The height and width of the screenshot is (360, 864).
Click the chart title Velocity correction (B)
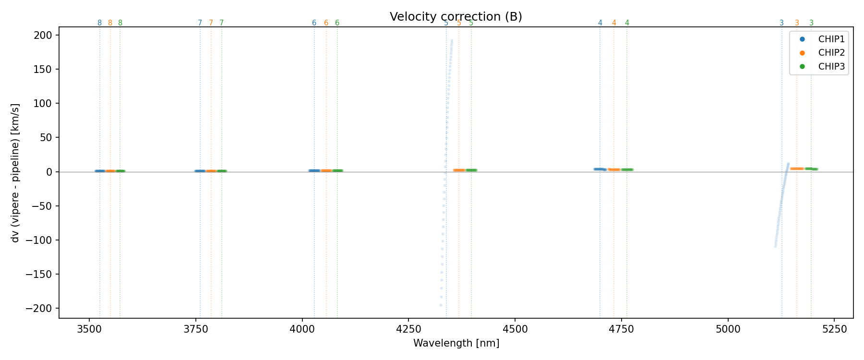[456, 17]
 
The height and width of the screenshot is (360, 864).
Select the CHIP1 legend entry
[831, 39]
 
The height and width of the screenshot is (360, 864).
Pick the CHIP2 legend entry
[831, 53]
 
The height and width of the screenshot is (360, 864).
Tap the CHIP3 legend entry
[831, 67]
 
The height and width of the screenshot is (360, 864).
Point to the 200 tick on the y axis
[46, 35]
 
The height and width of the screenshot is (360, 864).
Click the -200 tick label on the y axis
[42, 309]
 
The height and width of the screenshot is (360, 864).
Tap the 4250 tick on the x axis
[408, 329]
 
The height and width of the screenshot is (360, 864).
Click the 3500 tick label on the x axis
[89, 329]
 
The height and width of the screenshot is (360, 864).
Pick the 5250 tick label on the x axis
[834, 329]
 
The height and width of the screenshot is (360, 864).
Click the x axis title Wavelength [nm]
[456, 343]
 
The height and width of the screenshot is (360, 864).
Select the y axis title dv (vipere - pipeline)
[15, 172]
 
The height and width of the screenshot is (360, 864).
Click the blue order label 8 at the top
[99, 23]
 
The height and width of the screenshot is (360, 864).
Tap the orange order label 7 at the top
[211, 23]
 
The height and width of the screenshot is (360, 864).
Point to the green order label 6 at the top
[337, 23]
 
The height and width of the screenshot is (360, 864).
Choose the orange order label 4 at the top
[613, 23]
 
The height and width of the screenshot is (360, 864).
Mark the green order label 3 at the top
[811, 23]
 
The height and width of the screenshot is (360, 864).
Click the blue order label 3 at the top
[781, 23]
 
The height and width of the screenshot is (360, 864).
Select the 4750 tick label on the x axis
[621, 329]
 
